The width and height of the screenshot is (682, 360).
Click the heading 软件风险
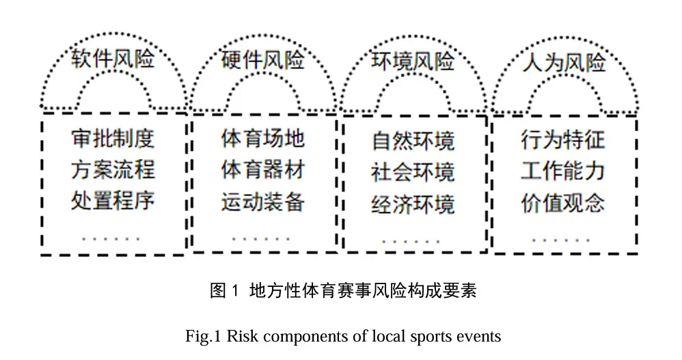click(x=113, y=58)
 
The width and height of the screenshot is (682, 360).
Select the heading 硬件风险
click(x=262, y=59)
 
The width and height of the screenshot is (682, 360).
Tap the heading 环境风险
click(x=413, y=61)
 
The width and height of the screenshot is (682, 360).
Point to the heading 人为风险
click(x=564, y=63)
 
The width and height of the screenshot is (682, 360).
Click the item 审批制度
click(x=113, y=139)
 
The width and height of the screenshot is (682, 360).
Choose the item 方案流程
click(x=113, y=170)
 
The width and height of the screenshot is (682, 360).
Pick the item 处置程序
click(x=113, y=201)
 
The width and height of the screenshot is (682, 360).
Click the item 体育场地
click(x=262, y=139)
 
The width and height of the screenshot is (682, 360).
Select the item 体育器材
click(x=262, y=170)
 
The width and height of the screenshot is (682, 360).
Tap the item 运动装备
click(x=262, y=202)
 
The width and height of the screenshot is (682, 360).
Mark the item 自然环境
click(x=413, y=141)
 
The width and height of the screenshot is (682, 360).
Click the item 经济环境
click(x=413, y=204)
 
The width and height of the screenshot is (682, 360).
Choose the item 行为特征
click(x=563, y=140)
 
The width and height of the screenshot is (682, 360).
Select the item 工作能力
click(x=563, y=171)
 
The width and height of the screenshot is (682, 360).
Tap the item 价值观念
click(x=563, y=203)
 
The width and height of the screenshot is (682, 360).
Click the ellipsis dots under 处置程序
click(x=111, y=238)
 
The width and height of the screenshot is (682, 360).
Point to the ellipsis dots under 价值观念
click(x=561, y=240)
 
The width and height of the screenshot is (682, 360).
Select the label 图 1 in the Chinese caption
click(x=224, y=290)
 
